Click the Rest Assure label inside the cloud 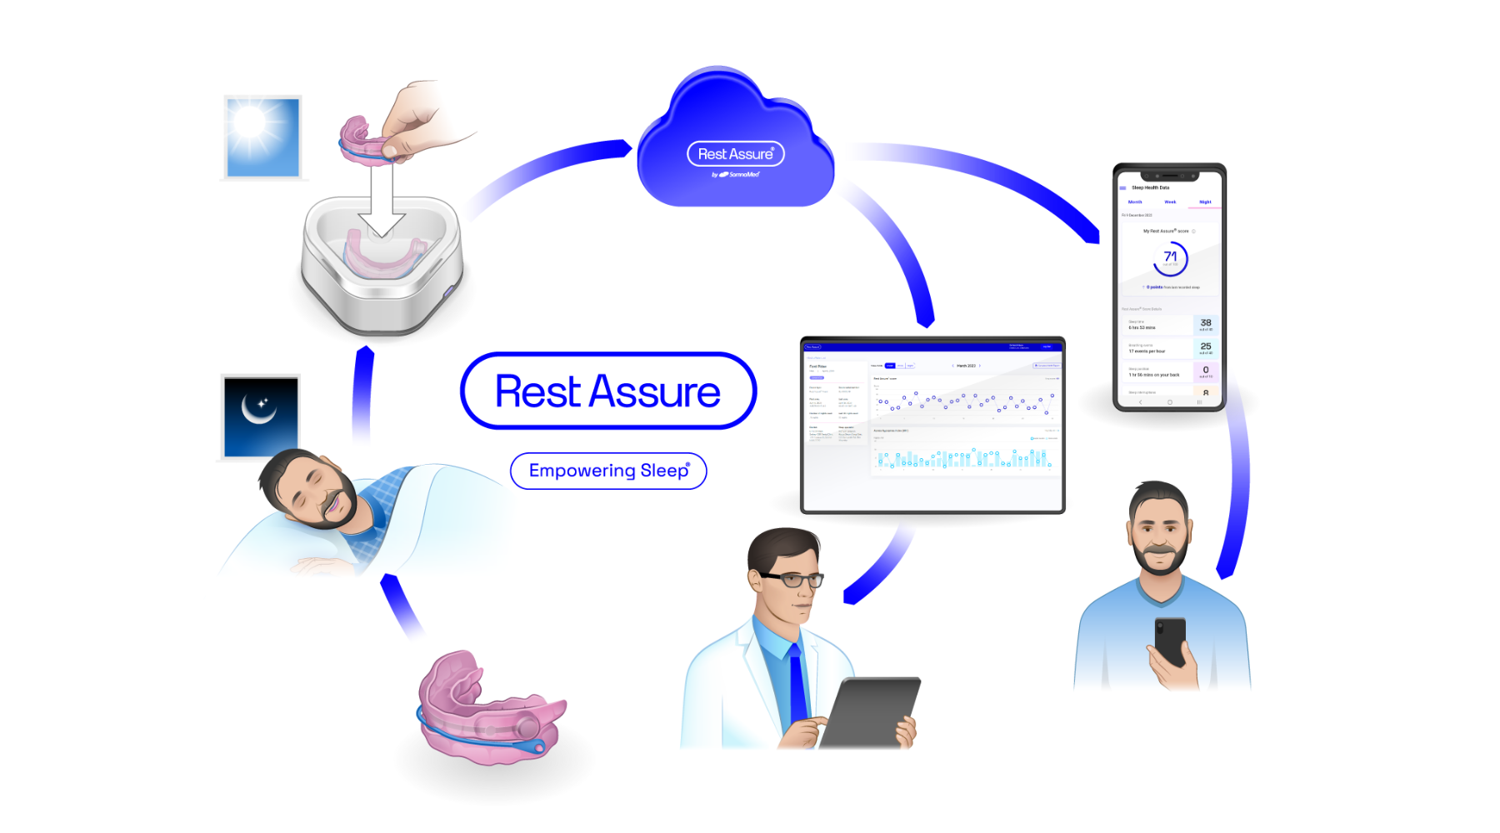735,154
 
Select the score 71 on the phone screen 1170,257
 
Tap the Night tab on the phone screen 1205,202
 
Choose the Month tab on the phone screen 1135,202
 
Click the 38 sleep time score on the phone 1206,323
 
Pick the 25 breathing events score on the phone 1206,347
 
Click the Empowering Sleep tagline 609,471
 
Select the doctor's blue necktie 797,683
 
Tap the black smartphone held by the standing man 1171,641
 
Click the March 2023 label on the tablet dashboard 966,366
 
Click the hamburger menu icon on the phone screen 1122,188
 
